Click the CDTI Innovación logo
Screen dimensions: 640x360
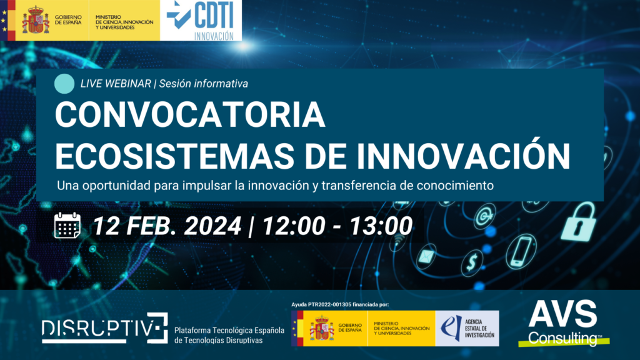click(x=201, y=21)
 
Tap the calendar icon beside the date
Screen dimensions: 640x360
click(x=67, y=225)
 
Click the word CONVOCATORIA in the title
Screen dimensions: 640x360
click(x=190, y=115)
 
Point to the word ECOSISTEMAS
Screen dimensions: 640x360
click(x=175, y=156)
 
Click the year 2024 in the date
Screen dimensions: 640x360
click(x=212, y=226)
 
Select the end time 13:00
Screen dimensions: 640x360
click(x=381, y=226)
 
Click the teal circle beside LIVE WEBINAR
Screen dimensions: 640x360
click(x=64, y=84)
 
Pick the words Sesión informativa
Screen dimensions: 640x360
click(x=204, y=84)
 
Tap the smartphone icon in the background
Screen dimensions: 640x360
click(x=521, y=251)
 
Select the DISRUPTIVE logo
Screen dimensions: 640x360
click(x=105, y=327)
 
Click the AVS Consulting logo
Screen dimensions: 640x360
click(x=564, y=323)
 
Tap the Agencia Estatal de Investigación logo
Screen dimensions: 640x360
click(x=467, y=328)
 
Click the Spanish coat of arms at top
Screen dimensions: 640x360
click(x=36, y=19)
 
